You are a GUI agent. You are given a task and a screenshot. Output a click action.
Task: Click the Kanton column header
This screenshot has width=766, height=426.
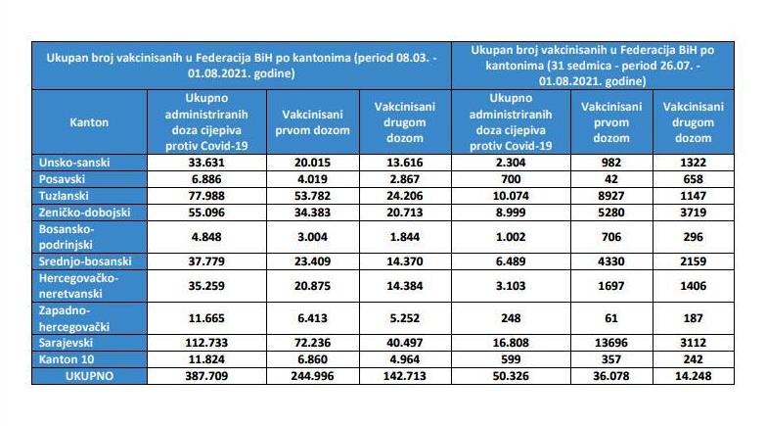[89, 122]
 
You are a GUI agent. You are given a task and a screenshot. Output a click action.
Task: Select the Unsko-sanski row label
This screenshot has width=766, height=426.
[74, 163]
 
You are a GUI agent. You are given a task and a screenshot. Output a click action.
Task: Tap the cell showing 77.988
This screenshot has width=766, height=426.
[206, 196]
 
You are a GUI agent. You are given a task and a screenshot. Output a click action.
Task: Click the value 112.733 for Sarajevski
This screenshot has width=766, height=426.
[206, 343]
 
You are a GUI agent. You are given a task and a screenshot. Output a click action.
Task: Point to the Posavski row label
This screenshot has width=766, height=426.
[62, 179]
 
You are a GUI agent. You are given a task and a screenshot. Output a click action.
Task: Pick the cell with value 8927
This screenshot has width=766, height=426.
[611, 196]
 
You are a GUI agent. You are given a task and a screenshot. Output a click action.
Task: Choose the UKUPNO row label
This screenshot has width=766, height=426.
[89, 376]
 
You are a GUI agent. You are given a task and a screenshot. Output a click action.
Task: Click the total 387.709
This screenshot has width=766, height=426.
[206, 376]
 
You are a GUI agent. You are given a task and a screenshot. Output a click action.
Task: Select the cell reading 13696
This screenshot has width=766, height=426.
[611, 343]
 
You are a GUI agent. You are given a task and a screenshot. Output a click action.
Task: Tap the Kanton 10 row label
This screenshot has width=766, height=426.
[67, 359]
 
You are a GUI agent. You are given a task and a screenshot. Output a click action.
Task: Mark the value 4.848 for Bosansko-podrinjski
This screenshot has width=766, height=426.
[206, 237]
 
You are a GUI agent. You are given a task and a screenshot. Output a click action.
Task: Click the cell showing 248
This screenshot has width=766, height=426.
[511, 318]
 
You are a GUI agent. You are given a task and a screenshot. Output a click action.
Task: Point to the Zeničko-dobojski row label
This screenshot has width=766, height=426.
[84, 213]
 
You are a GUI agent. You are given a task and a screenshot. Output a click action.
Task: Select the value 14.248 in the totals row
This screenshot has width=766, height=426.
[694, 376]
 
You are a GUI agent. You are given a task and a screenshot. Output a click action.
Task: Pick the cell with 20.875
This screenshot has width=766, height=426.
[313, 286]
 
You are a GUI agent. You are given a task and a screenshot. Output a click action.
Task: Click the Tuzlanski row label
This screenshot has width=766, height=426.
[64, 196]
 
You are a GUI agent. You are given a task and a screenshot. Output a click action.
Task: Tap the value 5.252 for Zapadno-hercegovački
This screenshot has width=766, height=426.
[404, 318]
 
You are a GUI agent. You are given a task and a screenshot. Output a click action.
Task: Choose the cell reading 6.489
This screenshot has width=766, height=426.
[511, 261]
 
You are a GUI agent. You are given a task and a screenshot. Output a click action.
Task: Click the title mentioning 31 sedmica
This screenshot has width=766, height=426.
[593, 66]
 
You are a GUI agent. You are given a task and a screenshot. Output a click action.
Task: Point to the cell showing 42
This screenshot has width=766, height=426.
[611, 179]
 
